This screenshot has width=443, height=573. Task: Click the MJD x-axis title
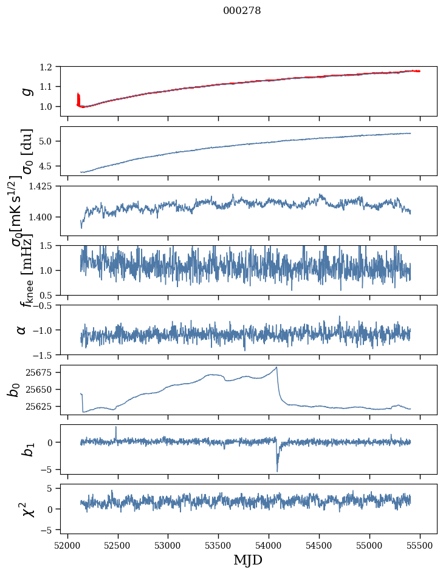click(x=248, y=560)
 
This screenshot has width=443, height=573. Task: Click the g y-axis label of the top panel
click(x=26, y=90)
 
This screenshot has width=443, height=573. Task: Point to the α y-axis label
click(x=22, y=330)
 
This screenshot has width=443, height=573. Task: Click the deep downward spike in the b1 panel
click(x=277, y=470)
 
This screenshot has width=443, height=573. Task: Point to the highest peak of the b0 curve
click(x=276, y=367)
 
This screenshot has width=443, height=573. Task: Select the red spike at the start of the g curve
click(x=78, y=98)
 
